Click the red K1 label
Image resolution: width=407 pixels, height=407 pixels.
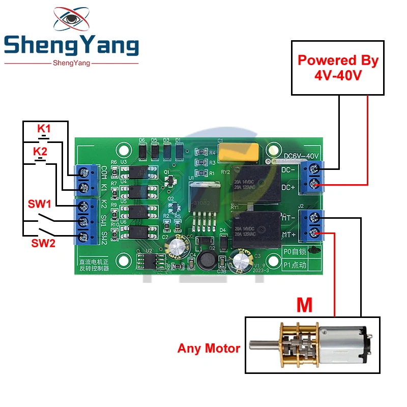[x=44, y=128]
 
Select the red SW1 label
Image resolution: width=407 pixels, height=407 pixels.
[x=38, y=205]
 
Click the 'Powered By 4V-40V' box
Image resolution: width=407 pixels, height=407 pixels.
[x=338, y=68]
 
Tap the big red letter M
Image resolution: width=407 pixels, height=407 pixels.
[x=304, y=306]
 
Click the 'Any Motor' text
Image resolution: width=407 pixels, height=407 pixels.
[x=209, y=348]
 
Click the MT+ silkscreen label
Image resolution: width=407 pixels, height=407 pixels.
[x=289, y=235]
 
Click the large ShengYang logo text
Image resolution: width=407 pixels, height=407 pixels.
[x=71, y=46]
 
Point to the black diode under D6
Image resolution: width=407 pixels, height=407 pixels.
[x=142, y=151]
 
